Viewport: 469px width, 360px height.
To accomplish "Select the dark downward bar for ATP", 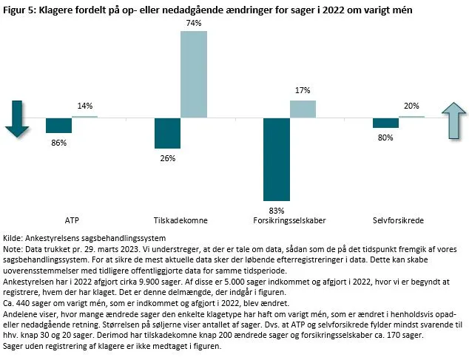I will click(58, 125).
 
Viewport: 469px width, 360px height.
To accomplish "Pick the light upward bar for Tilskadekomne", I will click(194, 75).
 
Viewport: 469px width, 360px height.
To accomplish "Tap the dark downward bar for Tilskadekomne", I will click(168, 133).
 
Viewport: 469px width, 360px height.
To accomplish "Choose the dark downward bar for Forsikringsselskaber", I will click(277, 154).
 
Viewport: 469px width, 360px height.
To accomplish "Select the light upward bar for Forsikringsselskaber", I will click(303, 109).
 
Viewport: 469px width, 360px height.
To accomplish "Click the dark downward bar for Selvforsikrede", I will click(385, 123).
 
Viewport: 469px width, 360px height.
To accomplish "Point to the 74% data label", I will click(194, 24).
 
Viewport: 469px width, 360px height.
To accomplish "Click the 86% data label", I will click(57, 142).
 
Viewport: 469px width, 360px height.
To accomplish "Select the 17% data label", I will click(303, 91).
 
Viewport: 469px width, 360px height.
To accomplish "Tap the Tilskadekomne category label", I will click(180, 220).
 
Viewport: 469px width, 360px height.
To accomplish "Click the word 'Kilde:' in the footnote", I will click(15, 237).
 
